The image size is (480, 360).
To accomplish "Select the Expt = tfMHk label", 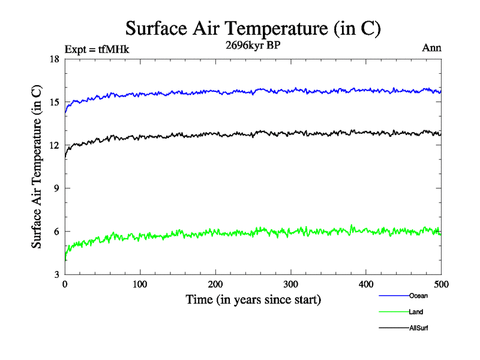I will click(x=97, y=49).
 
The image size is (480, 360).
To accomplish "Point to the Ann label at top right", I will click(x=432, y=48).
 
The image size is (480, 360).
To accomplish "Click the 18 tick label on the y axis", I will click(x=54, y=59).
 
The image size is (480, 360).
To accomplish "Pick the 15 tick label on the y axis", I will click(x=54, y=102).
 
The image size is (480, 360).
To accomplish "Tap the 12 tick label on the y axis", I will click(x=54, y=145).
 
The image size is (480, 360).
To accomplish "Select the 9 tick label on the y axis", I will click(x=56, y=188).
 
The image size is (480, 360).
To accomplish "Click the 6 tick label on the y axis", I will click(x=56, y=232).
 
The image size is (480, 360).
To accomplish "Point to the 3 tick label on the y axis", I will click(x=56, y=275).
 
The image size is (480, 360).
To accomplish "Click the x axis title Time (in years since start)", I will click(x=253, y=299).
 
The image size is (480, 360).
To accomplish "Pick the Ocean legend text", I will click(x=418, y=295).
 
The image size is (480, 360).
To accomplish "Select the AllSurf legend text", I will click(x=419, y=328).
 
